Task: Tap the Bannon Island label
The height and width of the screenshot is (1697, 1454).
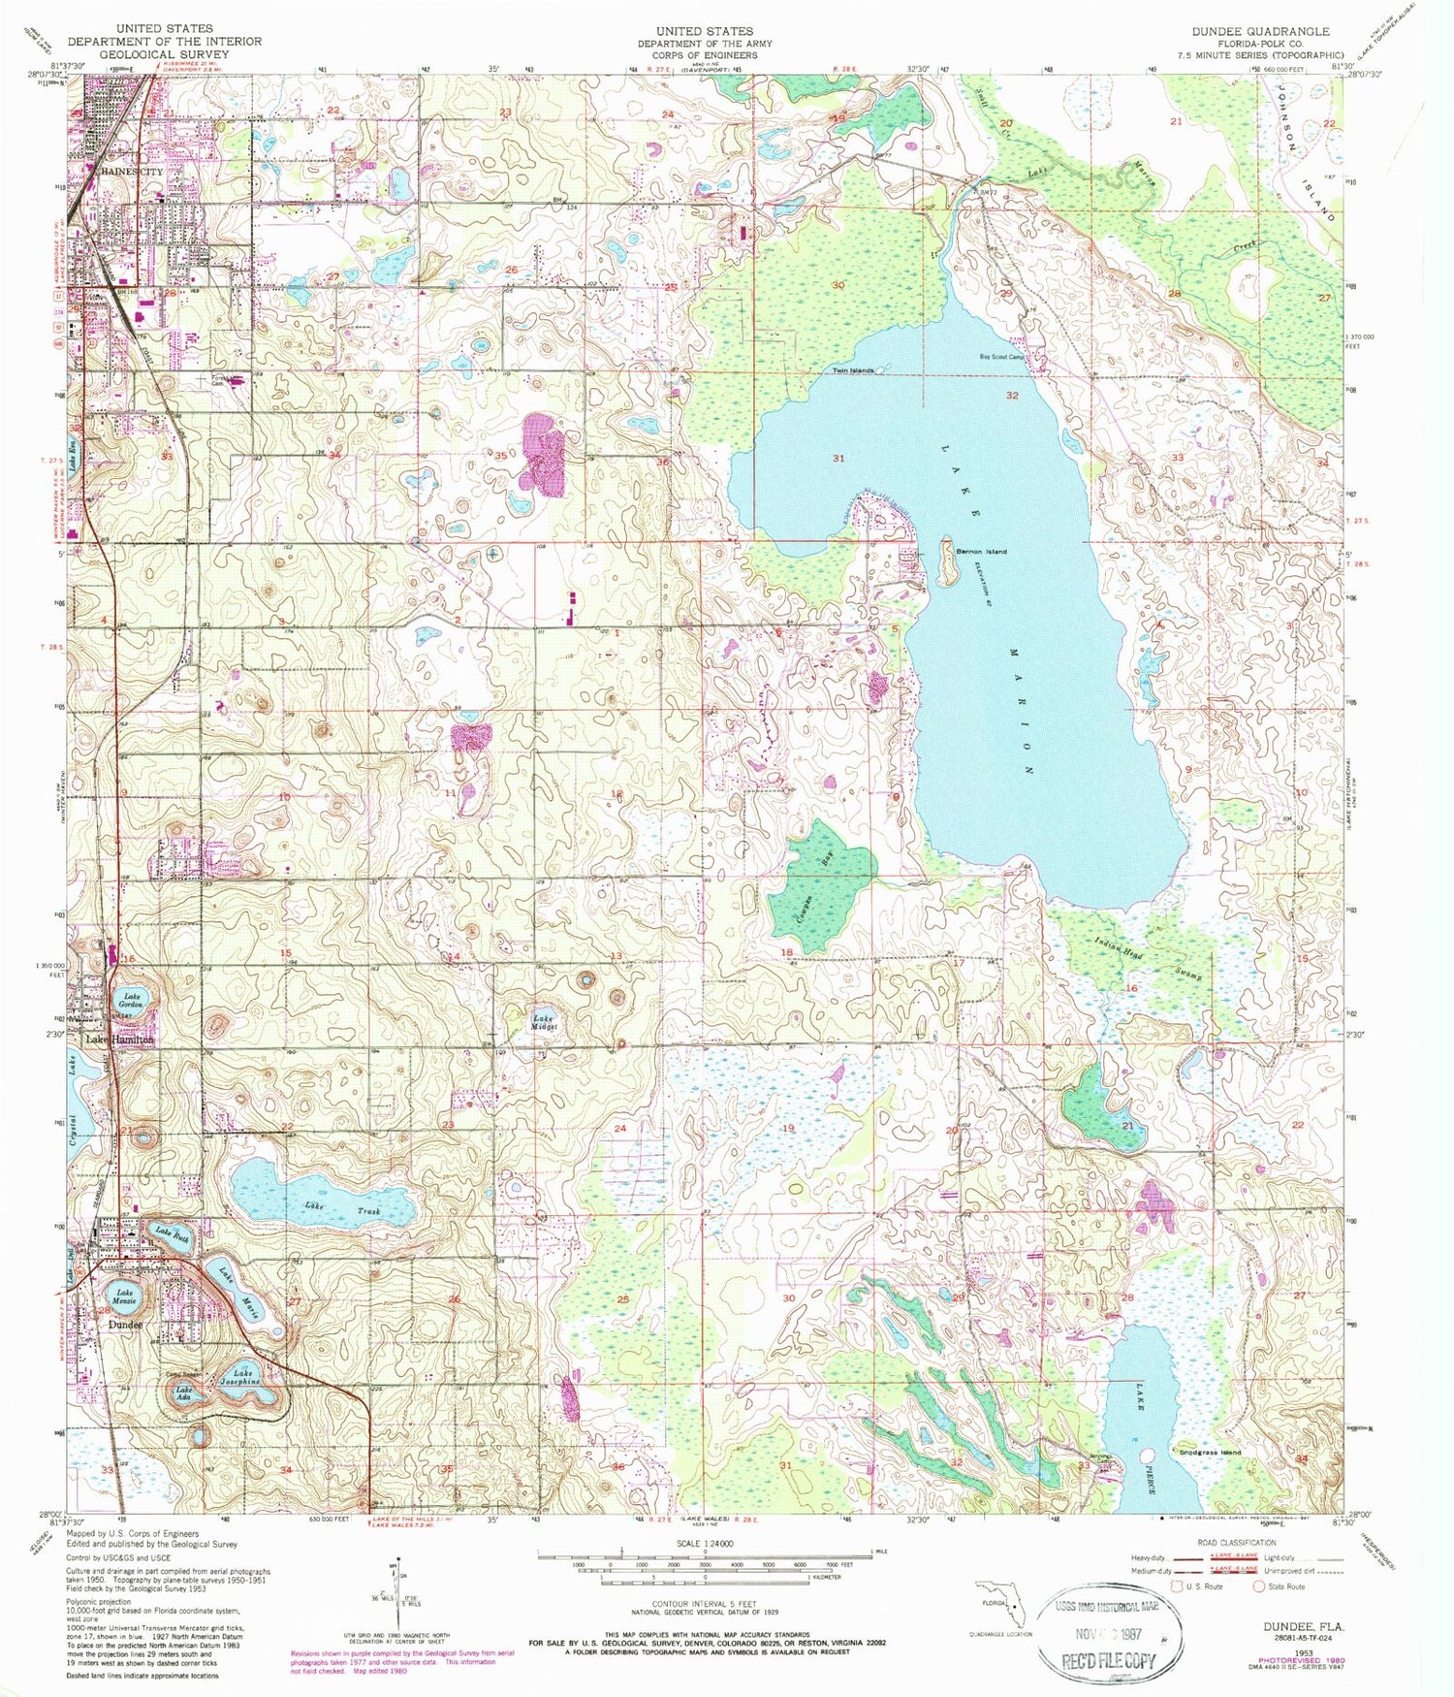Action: click(x=982, y=551)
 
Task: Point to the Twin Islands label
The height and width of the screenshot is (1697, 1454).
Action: click(x=854, y=370)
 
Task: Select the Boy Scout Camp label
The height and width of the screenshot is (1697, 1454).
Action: click(x=1002, y=357)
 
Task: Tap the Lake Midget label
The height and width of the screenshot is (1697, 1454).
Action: click(x=543, y=1022)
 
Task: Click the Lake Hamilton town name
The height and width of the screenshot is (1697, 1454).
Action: click(x=119, y=1039)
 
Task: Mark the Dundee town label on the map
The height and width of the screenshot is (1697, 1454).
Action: click(x=126, y=1325)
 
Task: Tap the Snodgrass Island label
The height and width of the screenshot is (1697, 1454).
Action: click(x=1208, y=1452)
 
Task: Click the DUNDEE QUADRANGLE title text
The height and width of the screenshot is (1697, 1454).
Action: click(x=1260, y=31)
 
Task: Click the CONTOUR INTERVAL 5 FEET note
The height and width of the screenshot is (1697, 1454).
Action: click(x=705, y=1604)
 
